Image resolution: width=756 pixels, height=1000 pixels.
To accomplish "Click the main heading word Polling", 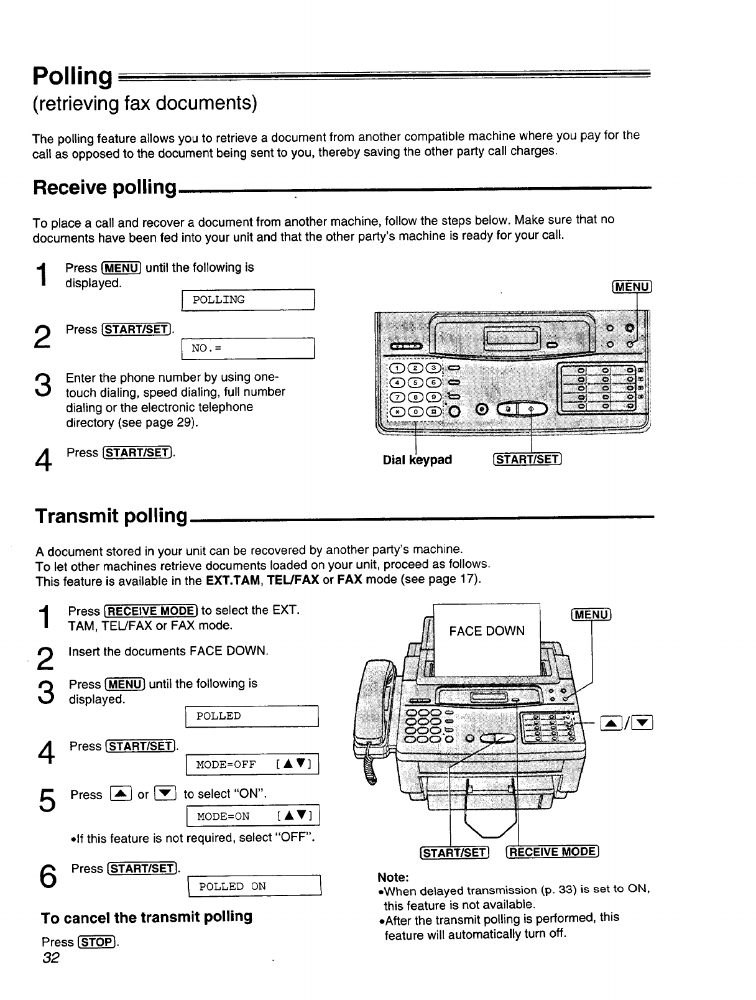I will coord(71,76).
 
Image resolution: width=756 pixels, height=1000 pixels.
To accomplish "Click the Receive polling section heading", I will coord(105,187).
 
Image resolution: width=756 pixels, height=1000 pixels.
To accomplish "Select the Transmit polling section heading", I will coord(111,516).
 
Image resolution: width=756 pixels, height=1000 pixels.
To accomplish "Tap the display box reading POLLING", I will coord(248,300).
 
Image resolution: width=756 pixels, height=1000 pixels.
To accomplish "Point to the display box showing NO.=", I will coord(248,348).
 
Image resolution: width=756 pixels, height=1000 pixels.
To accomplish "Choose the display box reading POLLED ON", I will coord(254,886).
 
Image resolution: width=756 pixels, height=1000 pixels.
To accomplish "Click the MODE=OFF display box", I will coord(252,764).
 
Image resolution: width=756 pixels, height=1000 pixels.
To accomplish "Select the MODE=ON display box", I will coord(252,816).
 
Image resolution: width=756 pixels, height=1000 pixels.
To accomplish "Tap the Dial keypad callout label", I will coord(417,460).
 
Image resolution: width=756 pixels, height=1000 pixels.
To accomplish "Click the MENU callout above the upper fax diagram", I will coord(632,286).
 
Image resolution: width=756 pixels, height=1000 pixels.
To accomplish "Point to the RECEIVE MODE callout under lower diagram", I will coord(553,852).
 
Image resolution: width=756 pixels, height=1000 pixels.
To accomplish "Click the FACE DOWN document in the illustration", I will coord(487,631).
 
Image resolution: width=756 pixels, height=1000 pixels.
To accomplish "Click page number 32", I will coord(50,958).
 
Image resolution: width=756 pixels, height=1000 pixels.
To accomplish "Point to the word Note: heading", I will coord(393,877).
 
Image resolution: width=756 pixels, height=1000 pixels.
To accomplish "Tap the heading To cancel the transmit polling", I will coord(147,917).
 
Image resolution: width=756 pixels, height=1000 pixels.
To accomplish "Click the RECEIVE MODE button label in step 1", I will coord(151,611).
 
